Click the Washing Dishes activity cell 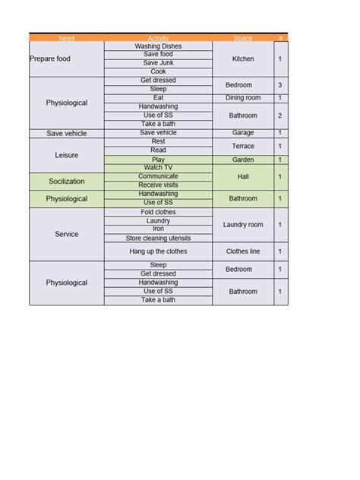click(158, 46)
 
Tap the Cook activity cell click(158, 71)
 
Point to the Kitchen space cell click(243, 58)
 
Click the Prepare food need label click(50, 58)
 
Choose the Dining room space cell click(243, 98)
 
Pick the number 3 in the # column click(280, 85)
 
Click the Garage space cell click(243, 133)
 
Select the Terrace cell click(243, 146)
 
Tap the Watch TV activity click(158, 168)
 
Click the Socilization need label click(67, 182)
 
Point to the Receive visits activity click(158, 185)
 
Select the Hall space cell click(243, 176)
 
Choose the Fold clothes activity click(158, 212)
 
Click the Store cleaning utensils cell click(158, 238)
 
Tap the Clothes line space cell click(243, 251)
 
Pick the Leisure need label click(67, 154)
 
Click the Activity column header click(158, 38)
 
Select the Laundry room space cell click(243, 225)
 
